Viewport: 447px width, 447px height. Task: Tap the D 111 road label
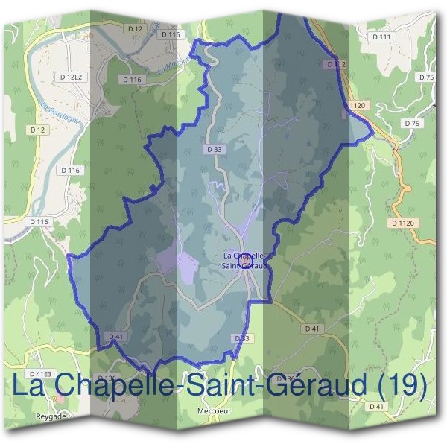(381, 37)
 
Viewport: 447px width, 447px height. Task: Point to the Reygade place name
(51, 416)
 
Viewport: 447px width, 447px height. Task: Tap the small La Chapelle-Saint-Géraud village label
(245, 260)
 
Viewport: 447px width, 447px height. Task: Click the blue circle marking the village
(249, 259)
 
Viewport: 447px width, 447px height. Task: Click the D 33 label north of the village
(213, 149)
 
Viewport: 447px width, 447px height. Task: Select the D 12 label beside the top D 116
(135, 28)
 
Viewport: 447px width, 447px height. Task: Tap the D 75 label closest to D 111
(426, 77)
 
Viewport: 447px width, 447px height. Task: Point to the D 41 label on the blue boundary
(115, 337)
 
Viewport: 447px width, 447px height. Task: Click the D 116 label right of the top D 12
(170, 34)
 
